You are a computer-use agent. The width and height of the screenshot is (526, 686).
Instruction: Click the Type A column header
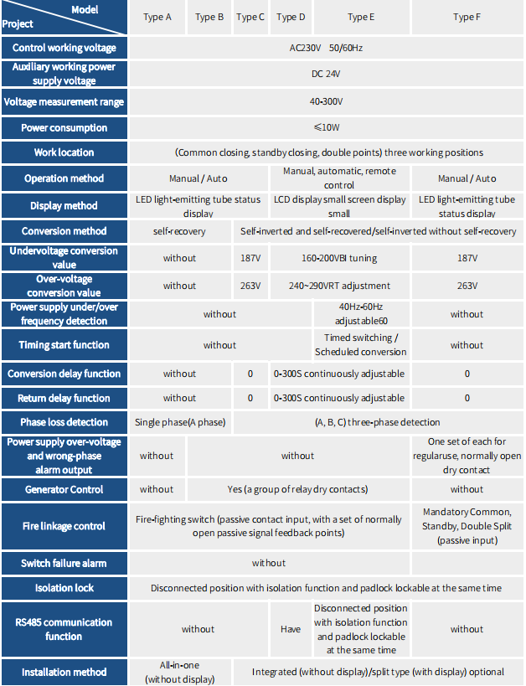pos(157,17)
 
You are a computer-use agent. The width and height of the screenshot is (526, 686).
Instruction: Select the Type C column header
pos(250,17)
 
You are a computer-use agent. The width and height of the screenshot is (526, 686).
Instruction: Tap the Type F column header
pos(467,17)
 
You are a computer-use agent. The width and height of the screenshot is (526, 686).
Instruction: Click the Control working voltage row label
pos(64,48)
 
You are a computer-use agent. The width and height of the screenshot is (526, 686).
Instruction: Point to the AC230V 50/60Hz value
pos(326,48)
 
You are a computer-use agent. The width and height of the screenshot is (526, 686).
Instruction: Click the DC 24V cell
pos(326,74)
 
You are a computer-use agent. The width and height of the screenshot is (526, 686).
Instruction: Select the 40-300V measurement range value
pos(326,102)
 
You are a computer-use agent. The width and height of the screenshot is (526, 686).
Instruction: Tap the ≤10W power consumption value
pos(326,128)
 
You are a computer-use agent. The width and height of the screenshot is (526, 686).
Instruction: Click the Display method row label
pos(64,205)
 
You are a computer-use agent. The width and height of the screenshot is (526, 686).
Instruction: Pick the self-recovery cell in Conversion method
pos(179,231)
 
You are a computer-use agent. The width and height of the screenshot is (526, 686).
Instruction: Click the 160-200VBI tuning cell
pos(339,258)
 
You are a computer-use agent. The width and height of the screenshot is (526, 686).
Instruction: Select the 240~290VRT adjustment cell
pos(339,286)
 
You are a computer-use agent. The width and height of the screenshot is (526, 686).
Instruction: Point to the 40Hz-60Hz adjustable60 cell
pos(361,314)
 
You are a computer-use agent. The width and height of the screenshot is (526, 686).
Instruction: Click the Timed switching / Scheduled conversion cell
pos(361,345)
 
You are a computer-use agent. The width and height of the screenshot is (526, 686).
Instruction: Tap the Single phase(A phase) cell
pos(180,422)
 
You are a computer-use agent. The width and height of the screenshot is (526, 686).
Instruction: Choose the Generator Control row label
pos(64,489)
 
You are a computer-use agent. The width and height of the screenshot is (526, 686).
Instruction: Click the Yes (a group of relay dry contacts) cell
pos(297,489)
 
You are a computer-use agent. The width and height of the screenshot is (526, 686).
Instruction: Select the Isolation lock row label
pos(64,588)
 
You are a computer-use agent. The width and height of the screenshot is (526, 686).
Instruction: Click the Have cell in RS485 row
pos(290,629)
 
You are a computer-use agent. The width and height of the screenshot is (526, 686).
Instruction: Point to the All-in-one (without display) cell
pos(180,672)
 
